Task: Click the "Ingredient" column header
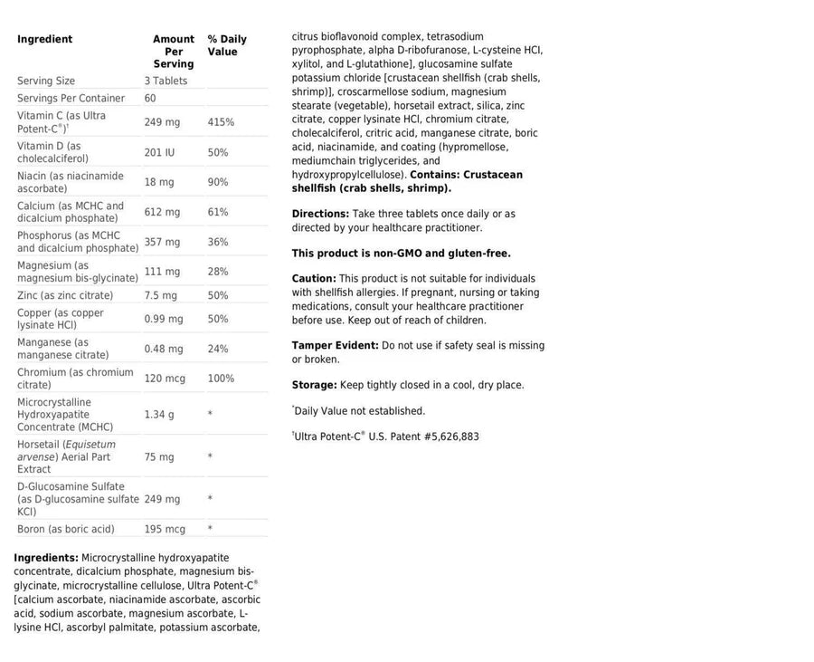(44, 39)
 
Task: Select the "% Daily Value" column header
(226, 45)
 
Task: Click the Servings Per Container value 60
(150, 98)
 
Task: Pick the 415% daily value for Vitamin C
(221, 121)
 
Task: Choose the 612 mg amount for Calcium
(162, 212)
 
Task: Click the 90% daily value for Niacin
(218, 182)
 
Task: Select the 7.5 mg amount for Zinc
(160, 295)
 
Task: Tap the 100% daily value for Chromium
(221, 379)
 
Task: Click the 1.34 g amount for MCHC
(159, 414)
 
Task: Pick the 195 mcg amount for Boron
(165, 529)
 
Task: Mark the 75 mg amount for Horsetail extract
(159, 457)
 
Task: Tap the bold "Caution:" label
(314, 279)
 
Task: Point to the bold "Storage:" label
(314, 385)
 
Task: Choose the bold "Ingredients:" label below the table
(46, 558)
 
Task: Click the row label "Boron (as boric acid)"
(66, 529)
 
